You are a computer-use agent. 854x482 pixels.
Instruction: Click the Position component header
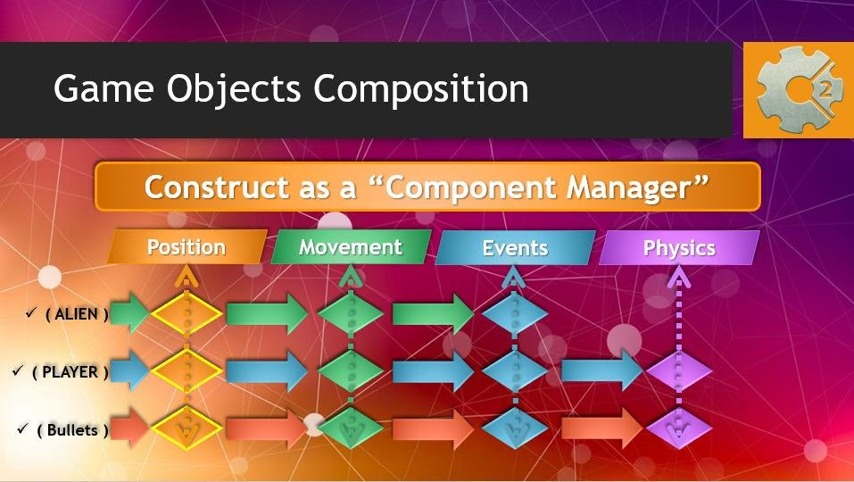pyautogui.click(x=187, y=246)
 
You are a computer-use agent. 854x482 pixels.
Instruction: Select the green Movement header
pyautogui.click(x=351, y=246)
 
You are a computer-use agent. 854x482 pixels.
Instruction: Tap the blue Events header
pyautogui.click(x=515, y=248)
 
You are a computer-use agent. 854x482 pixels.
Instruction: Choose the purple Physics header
pyautogui.click(x=679, y=248)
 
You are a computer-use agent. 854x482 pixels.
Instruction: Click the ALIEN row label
pyautogui.click(x=77, y=314)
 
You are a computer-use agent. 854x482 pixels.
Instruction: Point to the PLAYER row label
pyautogui.click(x=70, y=372)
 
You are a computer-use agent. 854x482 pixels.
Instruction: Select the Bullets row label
pyautogui.click(x=72, y=430)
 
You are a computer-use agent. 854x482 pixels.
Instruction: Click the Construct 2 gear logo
pyautogui.click(x=799, y=90)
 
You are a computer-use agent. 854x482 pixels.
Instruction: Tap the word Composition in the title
pyautogui.click(x=421, y=88)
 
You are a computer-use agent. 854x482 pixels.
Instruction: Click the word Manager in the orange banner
pyautogui.click(x=637, y=187)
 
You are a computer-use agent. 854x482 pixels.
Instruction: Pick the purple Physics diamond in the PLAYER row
pyautogui.click(x=678, y=371)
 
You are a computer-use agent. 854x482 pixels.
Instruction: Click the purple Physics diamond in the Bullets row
pyautogui.click(x=678, y=429)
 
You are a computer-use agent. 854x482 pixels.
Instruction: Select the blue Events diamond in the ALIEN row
pyautogui.click(x=515, y=313)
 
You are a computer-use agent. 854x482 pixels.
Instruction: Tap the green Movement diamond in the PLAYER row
pyautogui.click(x=351, y=371)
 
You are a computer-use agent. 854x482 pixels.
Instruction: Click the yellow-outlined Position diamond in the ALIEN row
pyautogui.click(x=187, y=313)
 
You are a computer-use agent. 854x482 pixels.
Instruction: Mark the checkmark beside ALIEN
pyautogui.click(x=31, y=312)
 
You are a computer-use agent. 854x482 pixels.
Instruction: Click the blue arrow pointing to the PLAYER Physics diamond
pyautogui.click(x=602, y=370)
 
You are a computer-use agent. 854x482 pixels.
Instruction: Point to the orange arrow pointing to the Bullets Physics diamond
pyautogui.click(x=602, y=428)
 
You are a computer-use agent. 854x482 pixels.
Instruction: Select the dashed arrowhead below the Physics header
pyautogui.click(x=678, y=278)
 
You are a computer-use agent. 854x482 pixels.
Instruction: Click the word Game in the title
pyautogui.click(x=104, y=88)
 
